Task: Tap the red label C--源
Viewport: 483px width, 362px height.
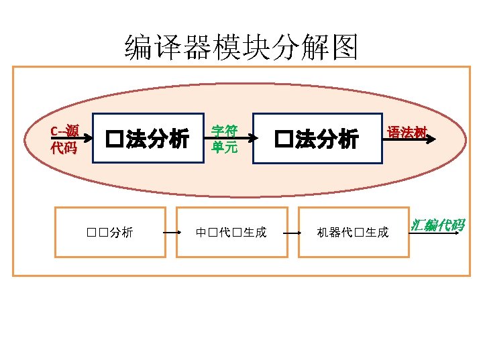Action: [x=64, y=131]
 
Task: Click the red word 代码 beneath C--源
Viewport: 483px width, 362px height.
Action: [x=64, y=147]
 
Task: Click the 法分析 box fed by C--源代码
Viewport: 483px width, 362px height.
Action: [x=148, y=139]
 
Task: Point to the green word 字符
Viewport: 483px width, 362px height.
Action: [x=224, y=131]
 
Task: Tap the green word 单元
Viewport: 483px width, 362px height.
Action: [x=224, y=147]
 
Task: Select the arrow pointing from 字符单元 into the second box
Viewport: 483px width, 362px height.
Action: [x=246, y=139]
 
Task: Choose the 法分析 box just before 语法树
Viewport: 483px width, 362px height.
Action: [x=317, y=139]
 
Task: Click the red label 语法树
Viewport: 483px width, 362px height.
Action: [x=407, y=132]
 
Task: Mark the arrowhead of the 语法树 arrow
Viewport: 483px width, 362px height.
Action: [x=432, y=139]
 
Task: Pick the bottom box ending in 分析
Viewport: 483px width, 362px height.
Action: [x=110, y=232]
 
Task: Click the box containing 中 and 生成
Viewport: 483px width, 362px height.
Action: [x=231, y=232]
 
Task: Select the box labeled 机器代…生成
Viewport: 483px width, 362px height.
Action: [x=353, y=232]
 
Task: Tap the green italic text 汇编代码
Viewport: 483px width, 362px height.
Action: [x=437, y=225]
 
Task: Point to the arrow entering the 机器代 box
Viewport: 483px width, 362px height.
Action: [x=291, y=233]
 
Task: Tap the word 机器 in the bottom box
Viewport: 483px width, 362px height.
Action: [x=329, y=233]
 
